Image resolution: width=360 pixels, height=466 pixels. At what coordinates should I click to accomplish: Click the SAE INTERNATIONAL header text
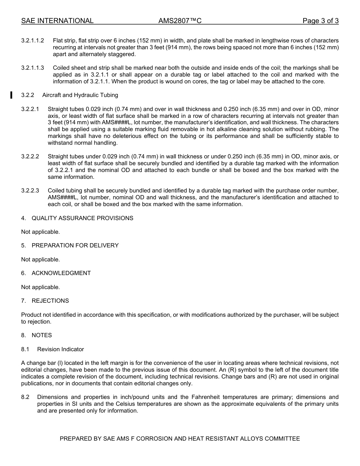coord(57,21)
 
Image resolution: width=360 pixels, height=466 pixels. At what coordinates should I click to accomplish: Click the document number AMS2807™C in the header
coord(180,21)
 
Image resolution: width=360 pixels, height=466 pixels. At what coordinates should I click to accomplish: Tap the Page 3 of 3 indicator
coord(320,21)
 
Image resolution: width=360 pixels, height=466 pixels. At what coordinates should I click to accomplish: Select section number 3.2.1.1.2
coord(33,41)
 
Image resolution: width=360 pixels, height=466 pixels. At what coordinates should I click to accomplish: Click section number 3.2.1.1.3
coord(33,68)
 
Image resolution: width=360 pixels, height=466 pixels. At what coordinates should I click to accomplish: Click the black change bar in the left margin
coord(11,95)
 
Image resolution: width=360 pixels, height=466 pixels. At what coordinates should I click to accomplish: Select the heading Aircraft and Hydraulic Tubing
coord(80,95)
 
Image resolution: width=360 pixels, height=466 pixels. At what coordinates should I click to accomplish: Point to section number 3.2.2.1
coord(30,109)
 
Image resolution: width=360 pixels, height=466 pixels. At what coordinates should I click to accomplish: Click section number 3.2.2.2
coord(30,156)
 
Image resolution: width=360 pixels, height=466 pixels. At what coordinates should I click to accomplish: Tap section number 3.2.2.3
coord(30,191)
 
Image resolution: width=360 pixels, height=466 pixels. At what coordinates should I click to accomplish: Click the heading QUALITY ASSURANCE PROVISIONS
coord(82,218)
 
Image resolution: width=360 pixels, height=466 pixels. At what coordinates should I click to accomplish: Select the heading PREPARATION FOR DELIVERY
coord(75,246)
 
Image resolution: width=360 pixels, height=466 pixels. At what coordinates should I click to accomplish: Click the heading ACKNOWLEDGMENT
coord(61,273)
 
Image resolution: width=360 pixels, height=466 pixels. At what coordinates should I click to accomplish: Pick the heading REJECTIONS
coord(50,301)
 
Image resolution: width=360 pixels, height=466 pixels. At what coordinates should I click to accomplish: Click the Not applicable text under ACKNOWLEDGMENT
coord(41,287)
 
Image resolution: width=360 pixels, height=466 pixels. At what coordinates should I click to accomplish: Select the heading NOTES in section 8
coord(42,335)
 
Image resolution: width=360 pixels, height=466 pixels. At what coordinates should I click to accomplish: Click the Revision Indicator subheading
coord(60,349)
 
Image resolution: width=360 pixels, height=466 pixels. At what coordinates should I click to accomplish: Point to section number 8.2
coord(25,397)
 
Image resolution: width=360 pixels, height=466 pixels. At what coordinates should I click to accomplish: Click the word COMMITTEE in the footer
coord(282,439)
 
